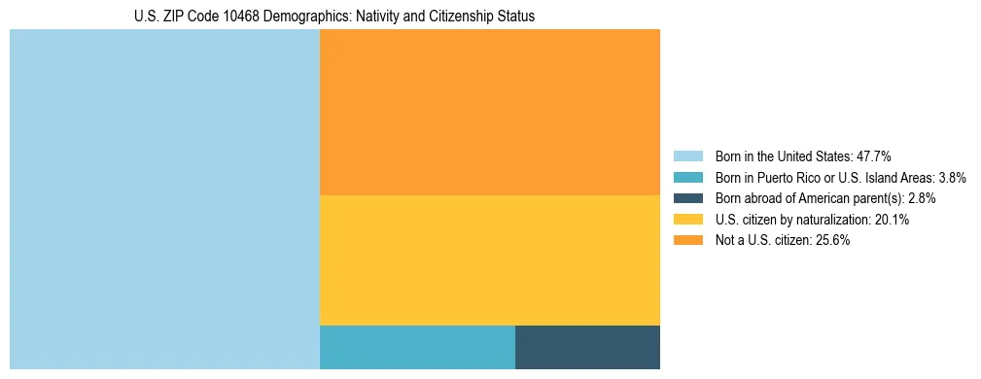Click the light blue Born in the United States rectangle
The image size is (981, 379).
pos(164,199)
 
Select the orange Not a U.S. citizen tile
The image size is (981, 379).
pos(489,112)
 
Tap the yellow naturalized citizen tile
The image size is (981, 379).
pos(489,259)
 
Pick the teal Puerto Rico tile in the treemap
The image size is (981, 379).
pos(417,347)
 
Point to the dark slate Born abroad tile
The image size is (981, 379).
pos(587,347)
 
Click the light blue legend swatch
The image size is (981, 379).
pos(687,155)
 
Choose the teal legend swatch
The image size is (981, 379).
pos(687,177)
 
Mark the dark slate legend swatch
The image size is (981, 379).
pos(687,198)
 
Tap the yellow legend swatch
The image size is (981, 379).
pos(687,220)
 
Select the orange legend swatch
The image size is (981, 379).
pos(687,241)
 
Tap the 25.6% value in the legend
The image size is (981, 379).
pos(833,241)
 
